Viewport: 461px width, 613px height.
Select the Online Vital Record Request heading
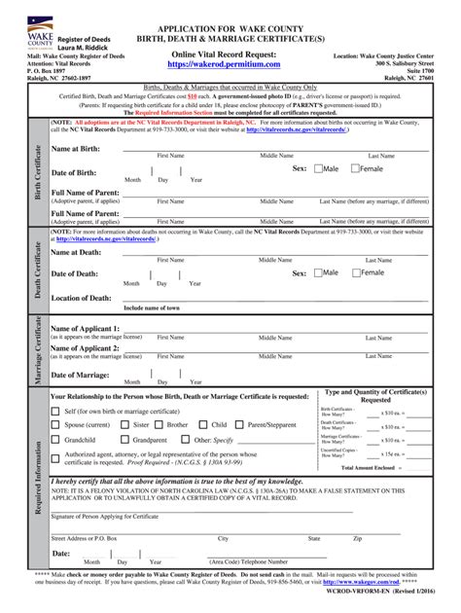coord(230,54)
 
